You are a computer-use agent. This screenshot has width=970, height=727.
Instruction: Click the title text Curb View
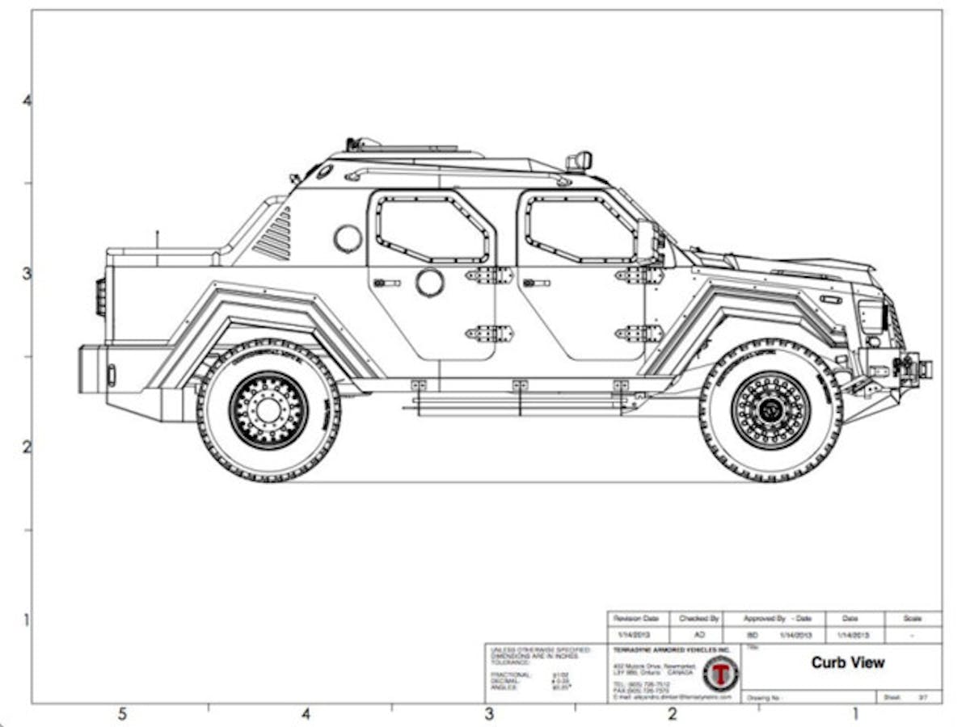(847, 662)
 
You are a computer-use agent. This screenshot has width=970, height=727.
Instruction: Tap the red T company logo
(719, 673)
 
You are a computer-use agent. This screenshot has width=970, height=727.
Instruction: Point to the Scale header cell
(912, 618)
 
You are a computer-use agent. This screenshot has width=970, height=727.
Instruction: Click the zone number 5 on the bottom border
(122, 714)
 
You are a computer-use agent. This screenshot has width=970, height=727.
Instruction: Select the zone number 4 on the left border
(27, 101)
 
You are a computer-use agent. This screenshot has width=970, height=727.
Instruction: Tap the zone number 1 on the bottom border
(855, 714)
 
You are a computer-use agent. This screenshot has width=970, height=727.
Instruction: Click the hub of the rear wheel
(268, 410)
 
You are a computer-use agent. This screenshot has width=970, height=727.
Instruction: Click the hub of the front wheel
(770, 410)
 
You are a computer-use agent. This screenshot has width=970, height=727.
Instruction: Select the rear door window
(433, 229)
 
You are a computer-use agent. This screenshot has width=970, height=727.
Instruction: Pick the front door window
(579, 229)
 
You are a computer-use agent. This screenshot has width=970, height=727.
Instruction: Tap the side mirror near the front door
(646, 241)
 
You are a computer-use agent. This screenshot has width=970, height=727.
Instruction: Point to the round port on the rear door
(430, 283)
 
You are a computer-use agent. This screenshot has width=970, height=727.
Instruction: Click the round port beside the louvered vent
(348, 238)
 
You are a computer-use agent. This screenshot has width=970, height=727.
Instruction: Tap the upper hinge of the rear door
(489, 275)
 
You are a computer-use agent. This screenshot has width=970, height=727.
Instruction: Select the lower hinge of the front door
(639, 333)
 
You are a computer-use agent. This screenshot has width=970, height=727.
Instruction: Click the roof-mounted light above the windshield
(579, 161)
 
